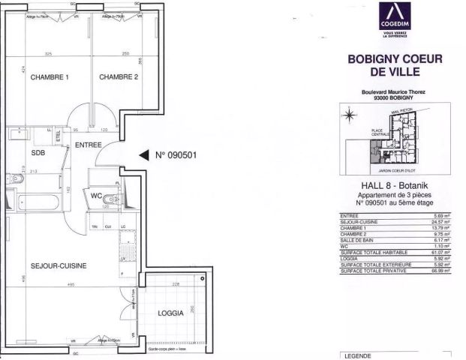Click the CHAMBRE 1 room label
click(x=50, y=77)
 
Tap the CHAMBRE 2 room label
click(x=119, y=77)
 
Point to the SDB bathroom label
click(x=38, y=154)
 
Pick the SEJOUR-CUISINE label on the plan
click(x=59, y=265)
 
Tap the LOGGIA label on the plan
click(x=171, y=313)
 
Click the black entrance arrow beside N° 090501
click(x=143, y=156)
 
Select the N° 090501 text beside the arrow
click(x=176, y=156)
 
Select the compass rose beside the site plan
click(x=349, y=115)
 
